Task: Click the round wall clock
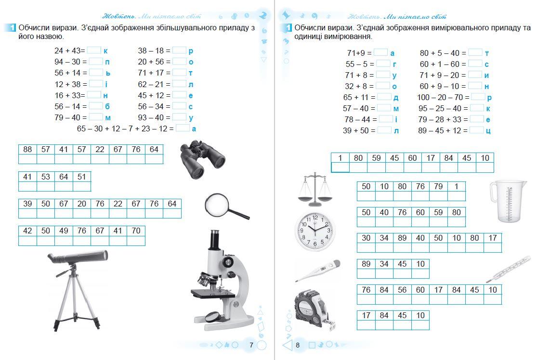point(314,230)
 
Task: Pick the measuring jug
point(508,201)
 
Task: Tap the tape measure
point(312,310)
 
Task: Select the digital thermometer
point(317,270)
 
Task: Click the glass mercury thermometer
point(508,269)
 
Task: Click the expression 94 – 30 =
point(70,62)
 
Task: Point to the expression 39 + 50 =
point(359,130)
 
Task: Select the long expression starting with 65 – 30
point(125,129)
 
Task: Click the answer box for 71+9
point(380,53)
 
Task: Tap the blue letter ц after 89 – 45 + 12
point(488,130)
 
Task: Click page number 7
point(251,345)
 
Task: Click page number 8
point(298,345)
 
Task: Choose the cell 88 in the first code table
point(27,149)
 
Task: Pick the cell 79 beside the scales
point(438,186)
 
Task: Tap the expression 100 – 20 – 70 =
point(443,97)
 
